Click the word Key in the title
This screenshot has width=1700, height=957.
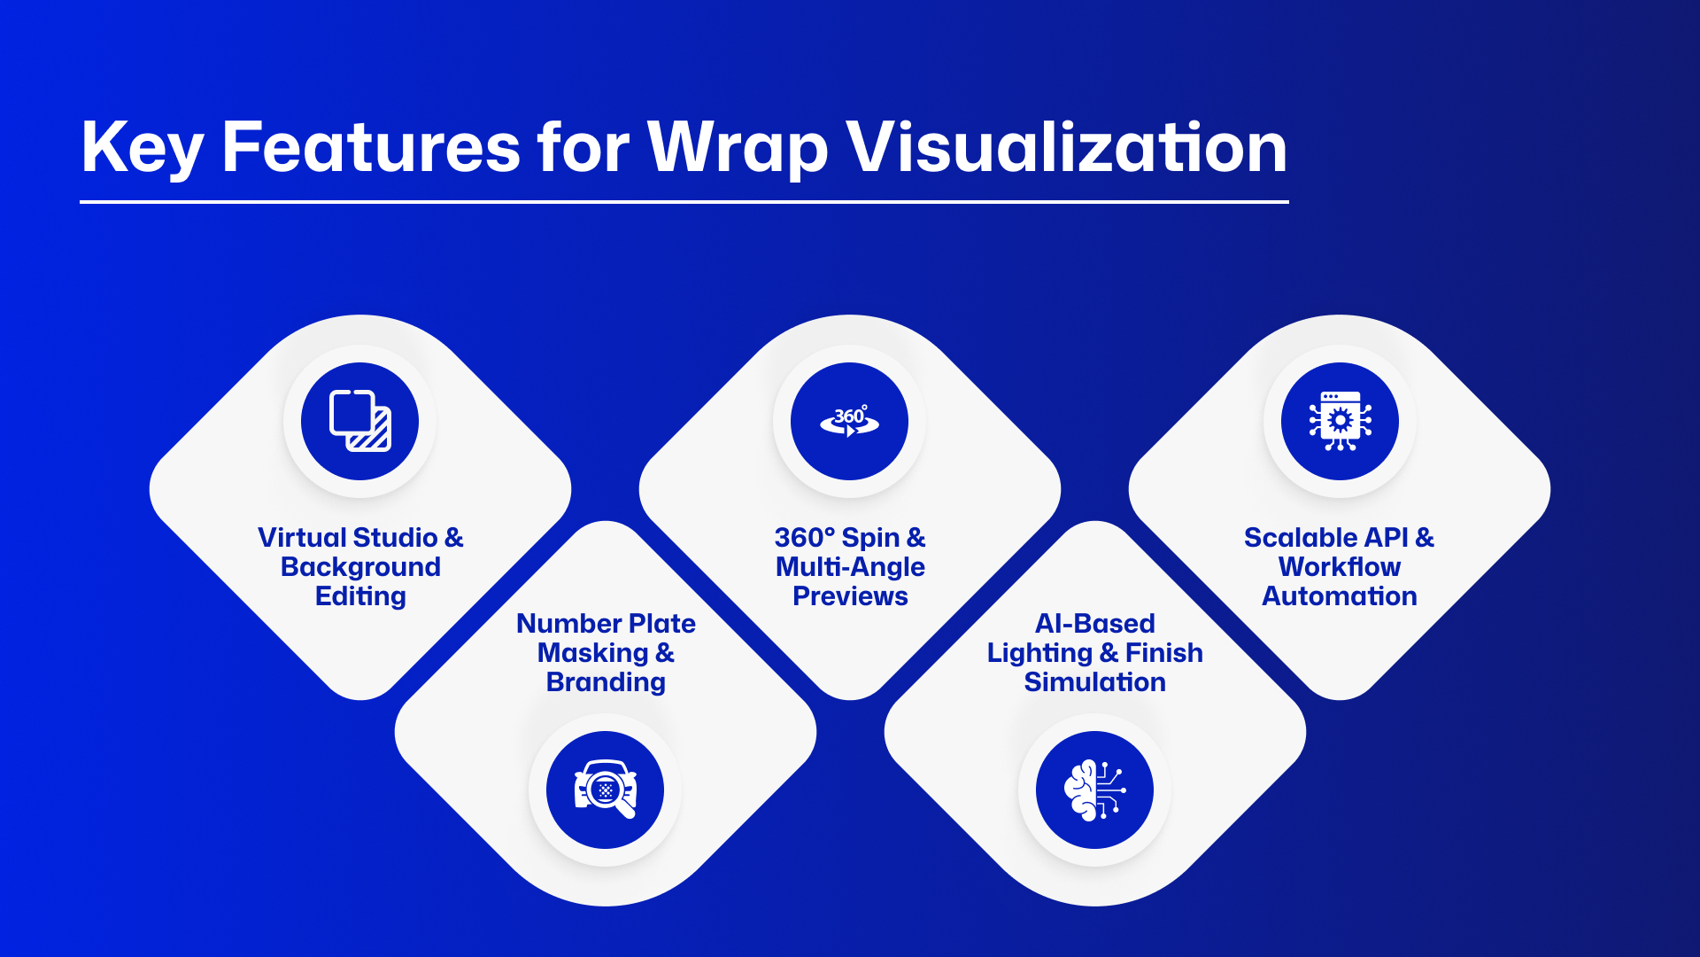click(x=143, y=149)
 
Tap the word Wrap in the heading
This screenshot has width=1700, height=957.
click(x=738, y=149)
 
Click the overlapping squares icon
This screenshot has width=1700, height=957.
click(x=360, y=421)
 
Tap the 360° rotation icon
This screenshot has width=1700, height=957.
click(x=850, y=421)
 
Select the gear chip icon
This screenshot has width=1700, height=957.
click(x=1340, y=421)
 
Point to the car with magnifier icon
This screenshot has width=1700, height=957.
click(x=606, y=789)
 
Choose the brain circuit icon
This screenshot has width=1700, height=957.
click(x=1094, y=790)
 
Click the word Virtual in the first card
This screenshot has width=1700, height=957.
click(x=301, y=538)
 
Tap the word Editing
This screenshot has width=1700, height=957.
click(x=360, y=596)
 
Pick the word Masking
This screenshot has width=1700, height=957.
click(x=593, y=653)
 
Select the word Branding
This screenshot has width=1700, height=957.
click(x=606, y=682)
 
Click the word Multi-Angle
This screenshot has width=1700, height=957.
click(x=850, y=567)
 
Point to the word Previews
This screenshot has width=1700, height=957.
click(x=850, y=596)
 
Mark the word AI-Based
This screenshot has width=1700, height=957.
click(x=1095, y=624)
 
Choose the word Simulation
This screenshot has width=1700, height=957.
click(x=1095, y=682)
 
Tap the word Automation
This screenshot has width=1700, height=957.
click(x=1340, y=596)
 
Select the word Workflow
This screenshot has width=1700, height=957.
click(x=1340, y=567)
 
